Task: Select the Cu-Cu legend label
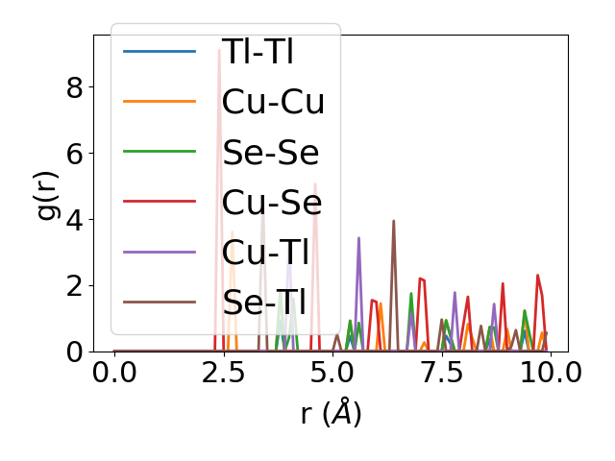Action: pos(273,102)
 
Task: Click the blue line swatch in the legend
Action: pos(160,51)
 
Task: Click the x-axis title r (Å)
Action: pos(331,413)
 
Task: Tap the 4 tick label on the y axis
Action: pos(74,220)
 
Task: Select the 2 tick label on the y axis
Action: pos(74,286)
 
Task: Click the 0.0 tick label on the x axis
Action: pos(114,373)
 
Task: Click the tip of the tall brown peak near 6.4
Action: pos(393,221)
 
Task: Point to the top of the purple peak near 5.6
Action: pos(358,238)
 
